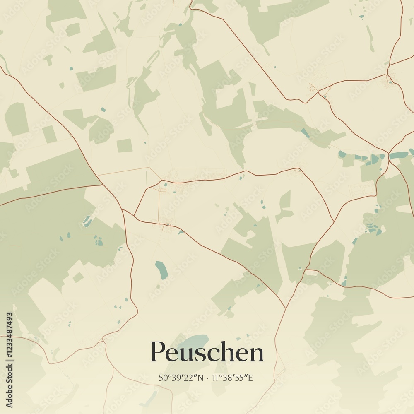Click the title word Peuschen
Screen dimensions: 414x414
pos(207,352)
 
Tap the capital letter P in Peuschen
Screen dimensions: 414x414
pos(158,352)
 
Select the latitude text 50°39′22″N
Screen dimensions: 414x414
pos(181,378)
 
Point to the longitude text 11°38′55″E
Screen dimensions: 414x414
pos(232,378)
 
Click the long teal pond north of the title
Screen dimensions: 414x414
pos(161,270)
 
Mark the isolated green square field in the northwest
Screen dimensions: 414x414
pos(124,145)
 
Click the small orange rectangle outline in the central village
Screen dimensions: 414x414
pos(163,190)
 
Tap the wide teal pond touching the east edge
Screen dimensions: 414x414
pos(399,155)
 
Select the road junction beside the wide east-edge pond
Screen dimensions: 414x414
pos(388,153)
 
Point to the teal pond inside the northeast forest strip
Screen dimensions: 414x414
pos(305,133)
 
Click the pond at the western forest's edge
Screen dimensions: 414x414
pos(88,221)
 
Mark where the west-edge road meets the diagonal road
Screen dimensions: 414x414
pos(101,185)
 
